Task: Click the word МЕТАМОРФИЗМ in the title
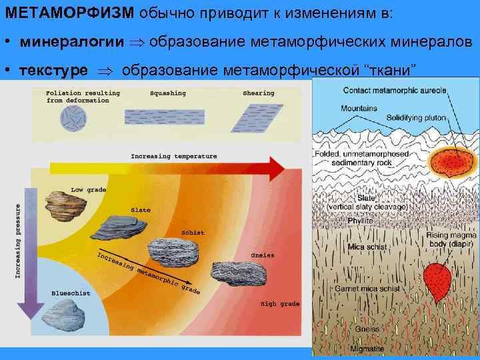[x=71, y=13]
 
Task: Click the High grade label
[x=280, y=303]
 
